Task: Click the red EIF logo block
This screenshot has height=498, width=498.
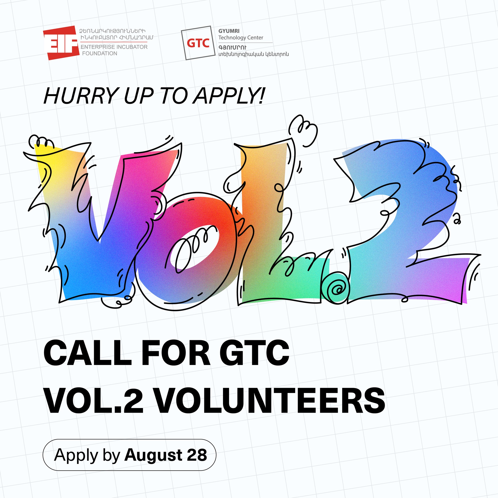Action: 61,43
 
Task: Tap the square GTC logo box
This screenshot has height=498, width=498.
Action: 198,43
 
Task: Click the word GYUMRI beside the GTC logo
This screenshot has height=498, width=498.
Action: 229,31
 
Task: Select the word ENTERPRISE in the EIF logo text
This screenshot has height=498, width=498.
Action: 97,47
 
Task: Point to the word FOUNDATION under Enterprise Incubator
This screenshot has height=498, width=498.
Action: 99,53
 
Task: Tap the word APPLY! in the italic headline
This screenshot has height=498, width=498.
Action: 229,96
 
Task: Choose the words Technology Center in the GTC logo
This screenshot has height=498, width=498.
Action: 241,38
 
